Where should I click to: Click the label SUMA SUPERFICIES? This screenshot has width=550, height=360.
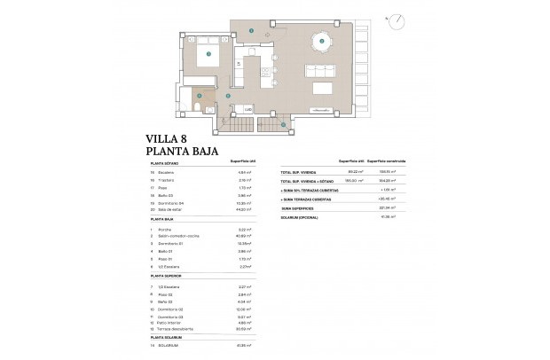pos(296,208)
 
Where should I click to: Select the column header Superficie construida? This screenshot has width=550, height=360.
pos(381,160)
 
